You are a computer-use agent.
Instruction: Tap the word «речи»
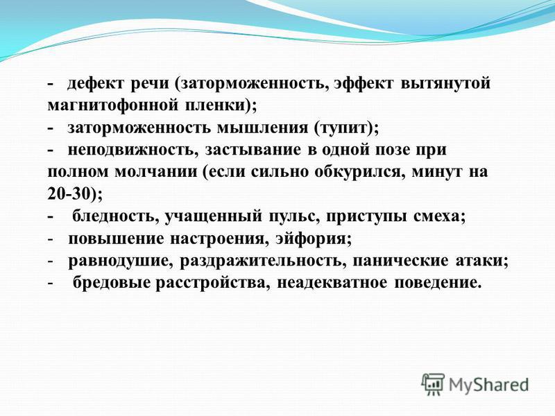point(151,84)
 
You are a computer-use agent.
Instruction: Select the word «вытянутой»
point(445,84)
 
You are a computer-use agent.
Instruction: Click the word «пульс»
point(292,216)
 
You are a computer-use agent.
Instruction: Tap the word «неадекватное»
point(332,283)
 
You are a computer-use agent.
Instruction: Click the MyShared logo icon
point(433,384)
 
